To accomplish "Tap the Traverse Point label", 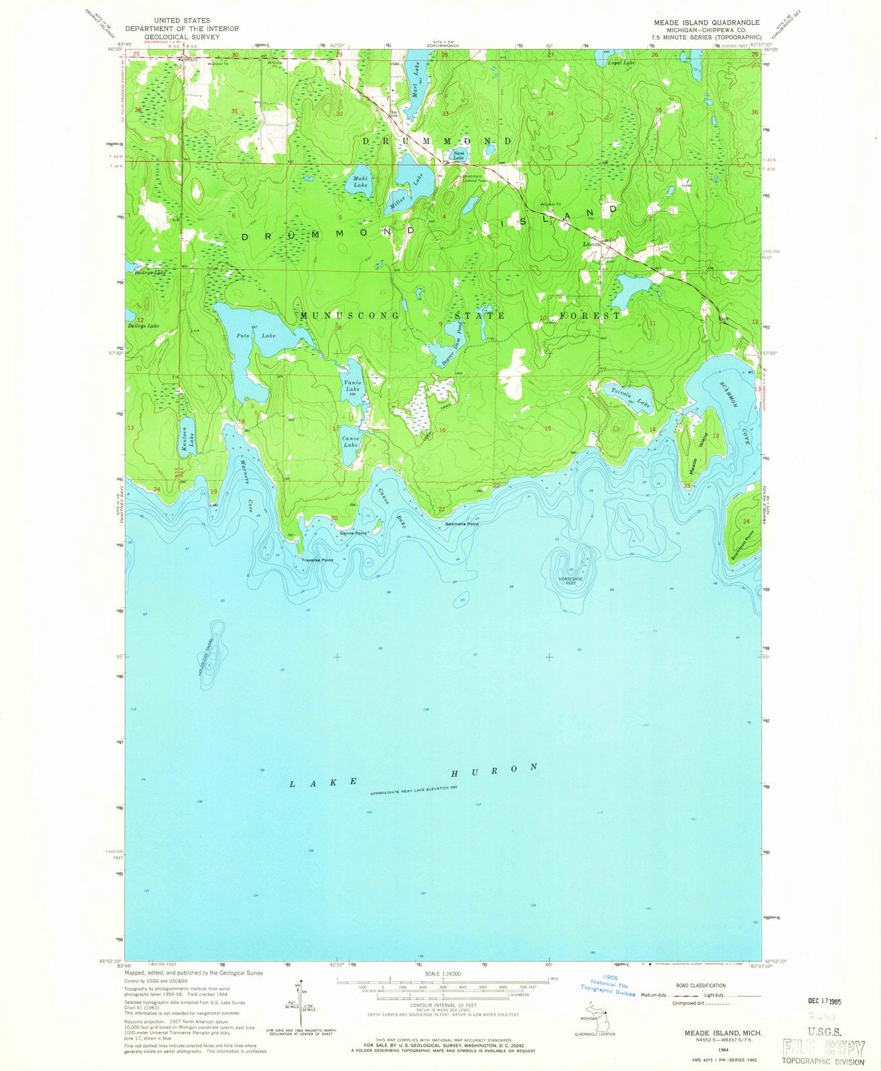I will tap(317, 560).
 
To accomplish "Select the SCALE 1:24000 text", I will tap(442, 973).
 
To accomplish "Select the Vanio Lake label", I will tap(352, 385).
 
